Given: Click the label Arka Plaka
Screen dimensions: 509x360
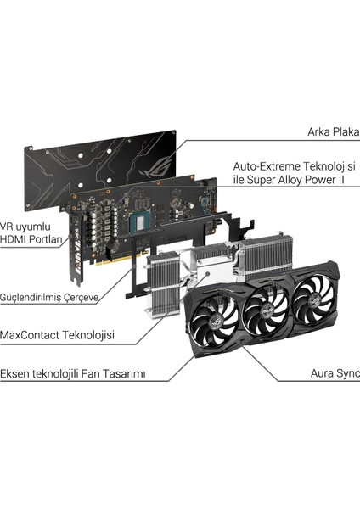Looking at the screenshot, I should pos(332,131).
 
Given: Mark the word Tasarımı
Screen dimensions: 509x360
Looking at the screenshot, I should pos(149,372).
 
